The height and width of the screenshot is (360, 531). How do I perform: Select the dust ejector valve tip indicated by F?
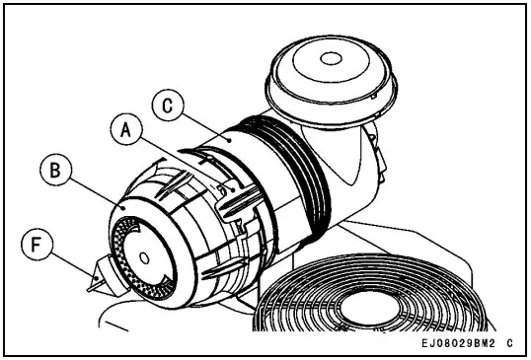point(97,283)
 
